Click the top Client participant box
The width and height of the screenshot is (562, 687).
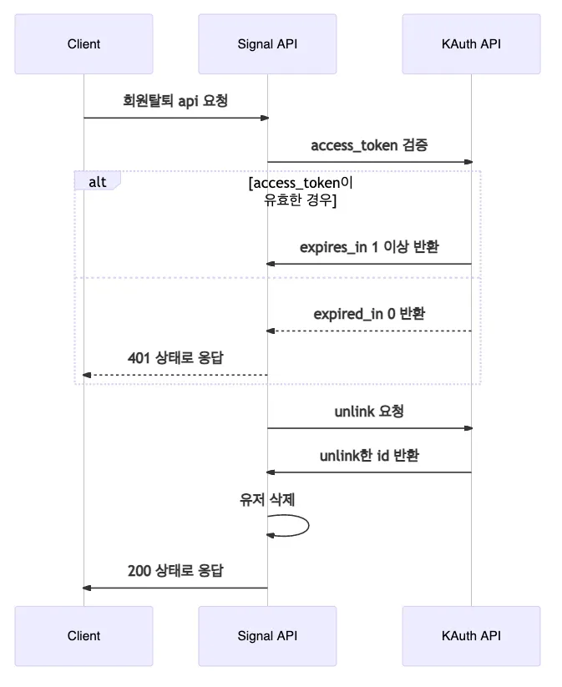[84, 43]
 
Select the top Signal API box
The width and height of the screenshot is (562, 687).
[267, 43]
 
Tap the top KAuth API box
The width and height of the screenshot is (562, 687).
[471, 43]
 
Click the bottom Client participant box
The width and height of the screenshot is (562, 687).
[84, 635]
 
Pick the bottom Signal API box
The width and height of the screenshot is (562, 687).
[267, 635]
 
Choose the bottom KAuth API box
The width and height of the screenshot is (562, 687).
[471, 635]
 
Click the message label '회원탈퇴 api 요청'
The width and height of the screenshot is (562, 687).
[175, 101]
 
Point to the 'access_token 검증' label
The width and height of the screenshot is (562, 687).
[369, 145]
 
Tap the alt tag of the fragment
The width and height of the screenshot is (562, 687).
[97, 180]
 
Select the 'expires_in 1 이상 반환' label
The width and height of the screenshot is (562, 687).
[369, 247]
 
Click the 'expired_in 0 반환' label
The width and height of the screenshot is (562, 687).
[369, 314]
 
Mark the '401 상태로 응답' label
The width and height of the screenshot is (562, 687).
[175, 358]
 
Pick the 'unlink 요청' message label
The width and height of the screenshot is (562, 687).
[369, 412]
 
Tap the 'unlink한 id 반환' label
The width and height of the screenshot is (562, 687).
[369, 456]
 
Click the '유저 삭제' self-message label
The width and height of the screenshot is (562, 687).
[267, 499]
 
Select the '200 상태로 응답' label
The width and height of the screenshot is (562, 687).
[175, 571]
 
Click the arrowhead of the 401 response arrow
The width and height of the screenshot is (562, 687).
[87, 375]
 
